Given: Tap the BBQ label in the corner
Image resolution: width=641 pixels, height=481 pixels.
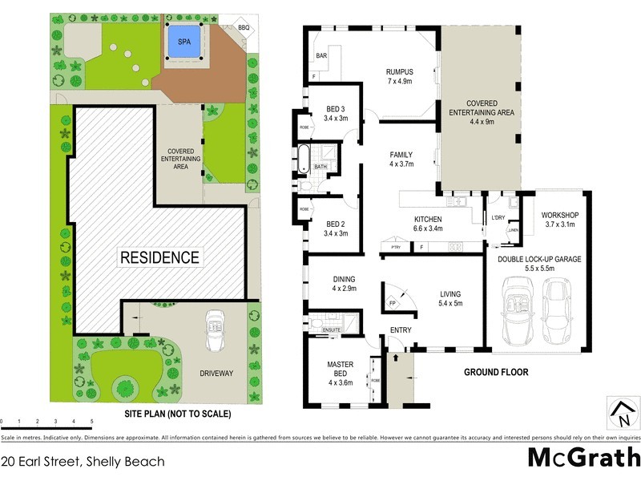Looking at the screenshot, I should tap(244, 28).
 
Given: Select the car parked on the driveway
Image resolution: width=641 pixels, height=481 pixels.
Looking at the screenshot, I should tap(215, 329).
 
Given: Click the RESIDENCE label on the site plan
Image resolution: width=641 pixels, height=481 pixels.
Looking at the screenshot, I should tap(159, 257).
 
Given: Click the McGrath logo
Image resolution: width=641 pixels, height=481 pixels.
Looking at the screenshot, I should tap(583, 457).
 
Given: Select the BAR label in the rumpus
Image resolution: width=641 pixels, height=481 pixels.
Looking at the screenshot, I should tap(321, 56).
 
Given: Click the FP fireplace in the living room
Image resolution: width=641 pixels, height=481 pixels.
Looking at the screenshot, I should tap(393, 304).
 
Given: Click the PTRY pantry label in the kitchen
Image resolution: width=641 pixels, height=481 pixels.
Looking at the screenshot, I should tap(395, 248).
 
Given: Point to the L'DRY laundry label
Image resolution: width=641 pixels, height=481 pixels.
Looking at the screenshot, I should tap(498, 218).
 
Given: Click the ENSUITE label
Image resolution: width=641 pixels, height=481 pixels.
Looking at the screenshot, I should tap(332, 329).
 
